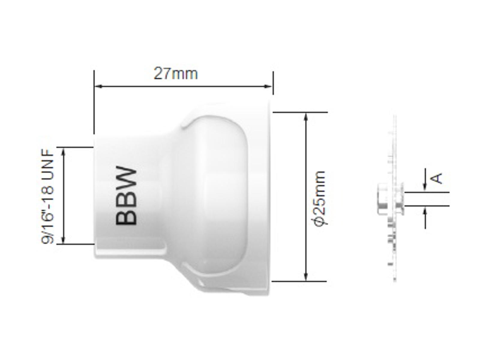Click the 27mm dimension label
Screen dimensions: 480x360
[x=175, y=74]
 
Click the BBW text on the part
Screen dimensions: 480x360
[x=126, y=196]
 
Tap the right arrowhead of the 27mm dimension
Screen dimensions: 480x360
[x=268, y=86]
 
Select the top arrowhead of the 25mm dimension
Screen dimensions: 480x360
[x=306, y=117]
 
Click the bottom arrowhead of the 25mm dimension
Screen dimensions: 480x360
[x=306, y=277]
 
